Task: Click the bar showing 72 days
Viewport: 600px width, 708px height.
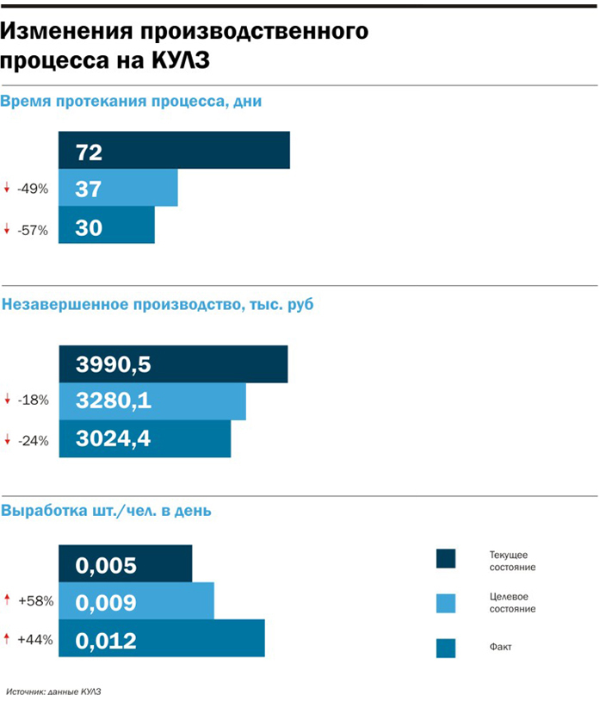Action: [x=174, y=151]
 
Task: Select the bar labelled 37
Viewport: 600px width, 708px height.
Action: [x=118, y=188]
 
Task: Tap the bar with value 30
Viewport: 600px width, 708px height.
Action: [x=107, y=226]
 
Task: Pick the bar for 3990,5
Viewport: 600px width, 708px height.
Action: [x=173, y=363]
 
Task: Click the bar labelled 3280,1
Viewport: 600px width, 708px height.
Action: [x=152, y=401]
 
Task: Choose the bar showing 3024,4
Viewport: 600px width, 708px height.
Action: [x=145, y=438]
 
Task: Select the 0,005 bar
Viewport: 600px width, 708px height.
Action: [x=126, y=563]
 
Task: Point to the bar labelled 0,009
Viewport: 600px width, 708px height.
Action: [x=136, y=601]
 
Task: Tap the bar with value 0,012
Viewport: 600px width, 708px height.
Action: [x=161, y=639]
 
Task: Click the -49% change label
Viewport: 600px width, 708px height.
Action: [x=33, y=189]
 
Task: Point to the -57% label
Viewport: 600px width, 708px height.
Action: [x=33, y=229]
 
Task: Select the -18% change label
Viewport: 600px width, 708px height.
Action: [x=33, y=400]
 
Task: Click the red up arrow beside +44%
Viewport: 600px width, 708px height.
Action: [x=7, y=638]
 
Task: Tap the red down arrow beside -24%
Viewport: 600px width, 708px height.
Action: [x=7, y=440]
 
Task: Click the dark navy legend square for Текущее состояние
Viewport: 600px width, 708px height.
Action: [x=446, y=559]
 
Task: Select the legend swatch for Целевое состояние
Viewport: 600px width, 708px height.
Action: [x=446, y=601]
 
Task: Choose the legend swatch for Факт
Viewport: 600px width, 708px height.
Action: [x=446, y=647]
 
